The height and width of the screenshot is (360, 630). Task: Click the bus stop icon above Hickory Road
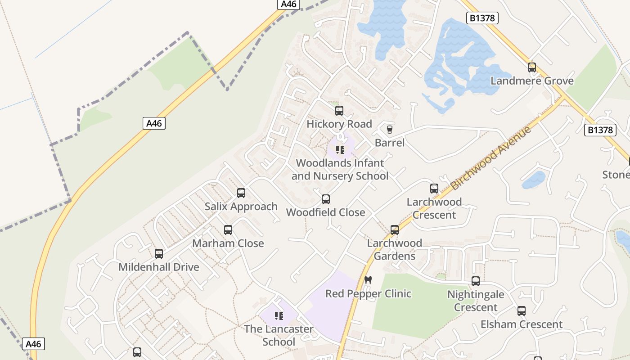(x=339, y=111)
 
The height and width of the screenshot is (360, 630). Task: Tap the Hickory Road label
(x=339, y=124)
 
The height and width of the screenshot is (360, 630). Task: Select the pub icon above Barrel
(x=390, y=130)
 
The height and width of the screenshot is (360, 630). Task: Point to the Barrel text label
(x=390, y=143)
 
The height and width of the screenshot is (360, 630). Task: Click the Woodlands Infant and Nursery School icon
(x=340, y=149)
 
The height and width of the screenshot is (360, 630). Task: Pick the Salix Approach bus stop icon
(x=241, y=193)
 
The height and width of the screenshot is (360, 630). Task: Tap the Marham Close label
(x=228, y=243)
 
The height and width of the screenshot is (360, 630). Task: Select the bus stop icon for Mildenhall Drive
(x=159, y=254)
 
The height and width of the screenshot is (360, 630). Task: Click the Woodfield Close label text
(x=325, y=212)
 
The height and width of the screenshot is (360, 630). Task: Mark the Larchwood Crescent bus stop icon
(x=434, y=189)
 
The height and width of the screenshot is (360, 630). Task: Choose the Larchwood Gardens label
(x=394, y=249)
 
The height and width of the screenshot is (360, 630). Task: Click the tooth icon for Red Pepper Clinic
(x=368, y=280)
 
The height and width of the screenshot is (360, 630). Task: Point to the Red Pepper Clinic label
(x=368, y=294)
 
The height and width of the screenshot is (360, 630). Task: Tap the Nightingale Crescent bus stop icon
(x=476, y=281)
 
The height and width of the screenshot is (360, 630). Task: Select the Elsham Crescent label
(x=521, y=324)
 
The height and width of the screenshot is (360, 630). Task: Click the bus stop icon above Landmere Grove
(x=532, y=67)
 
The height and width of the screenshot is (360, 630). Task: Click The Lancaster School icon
(x=279, y=316)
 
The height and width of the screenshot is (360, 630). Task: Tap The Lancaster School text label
(x=279, y=335)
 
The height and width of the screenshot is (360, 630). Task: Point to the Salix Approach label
(x=241, y=207)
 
